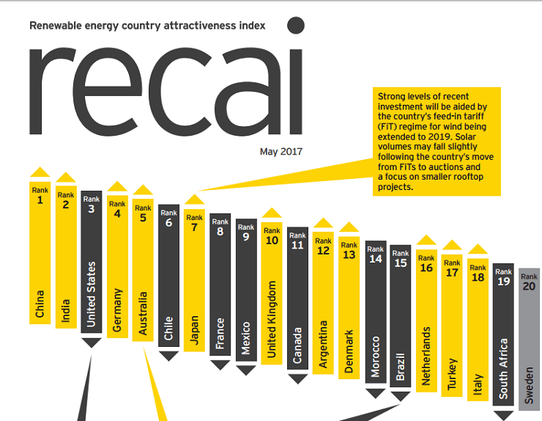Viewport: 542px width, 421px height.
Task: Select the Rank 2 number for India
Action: click(66, 205)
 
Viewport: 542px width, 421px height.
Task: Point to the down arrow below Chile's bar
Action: click(168, 356)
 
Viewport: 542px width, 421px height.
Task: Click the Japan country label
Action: click(194, 329)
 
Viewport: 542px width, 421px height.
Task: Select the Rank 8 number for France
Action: click(220, 232)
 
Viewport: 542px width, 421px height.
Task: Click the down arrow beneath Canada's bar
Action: click(297, 378)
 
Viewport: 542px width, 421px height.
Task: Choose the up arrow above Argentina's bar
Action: click(323, 223)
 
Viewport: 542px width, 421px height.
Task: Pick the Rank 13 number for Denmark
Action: click(349, 255)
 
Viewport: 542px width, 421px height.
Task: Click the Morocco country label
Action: click(376, 356)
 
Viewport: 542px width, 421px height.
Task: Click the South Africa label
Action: click(504, 368)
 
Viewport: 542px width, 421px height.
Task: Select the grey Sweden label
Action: click(530, 384)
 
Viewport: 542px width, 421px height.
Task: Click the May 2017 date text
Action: click(281, 153)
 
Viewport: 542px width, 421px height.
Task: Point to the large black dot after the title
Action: click(295, 26)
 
